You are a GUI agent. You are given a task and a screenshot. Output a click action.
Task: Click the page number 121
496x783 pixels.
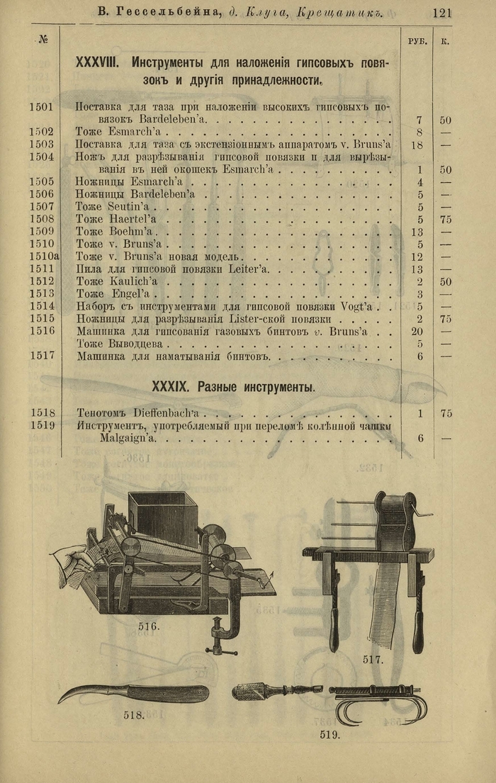coord(441,13)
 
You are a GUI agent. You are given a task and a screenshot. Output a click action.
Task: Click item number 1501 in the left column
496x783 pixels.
coord(42,108)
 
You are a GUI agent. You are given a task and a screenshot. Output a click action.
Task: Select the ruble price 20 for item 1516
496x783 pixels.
coord(417,331)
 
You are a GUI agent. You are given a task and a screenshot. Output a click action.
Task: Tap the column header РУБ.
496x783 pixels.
coord(418,42)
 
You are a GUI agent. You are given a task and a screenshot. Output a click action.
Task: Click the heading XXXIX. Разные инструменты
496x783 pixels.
coord(234,387)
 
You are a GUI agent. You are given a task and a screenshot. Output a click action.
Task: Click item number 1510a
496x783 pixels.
coord(43,257)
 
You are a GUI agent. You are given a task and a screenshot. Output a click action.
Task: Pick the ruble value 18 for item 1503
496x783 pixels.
coord(417,145)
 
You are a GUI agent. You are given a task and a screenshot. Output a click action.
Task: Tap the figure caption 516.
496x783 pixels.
coord(149,626)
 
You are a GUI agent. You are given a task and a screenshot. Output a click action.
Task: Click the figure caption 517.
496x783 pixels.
coord(373,659)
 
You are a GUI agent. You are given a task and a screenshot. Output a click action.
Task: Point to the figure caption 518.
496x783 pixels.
coord(134,715)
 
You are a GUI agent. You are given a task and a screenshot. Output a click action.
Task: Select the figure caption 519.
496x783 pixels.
coord(329,735)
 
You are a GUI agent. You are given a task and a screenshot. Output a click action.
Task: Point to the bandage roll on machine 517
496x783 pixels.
coord(395,523)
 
